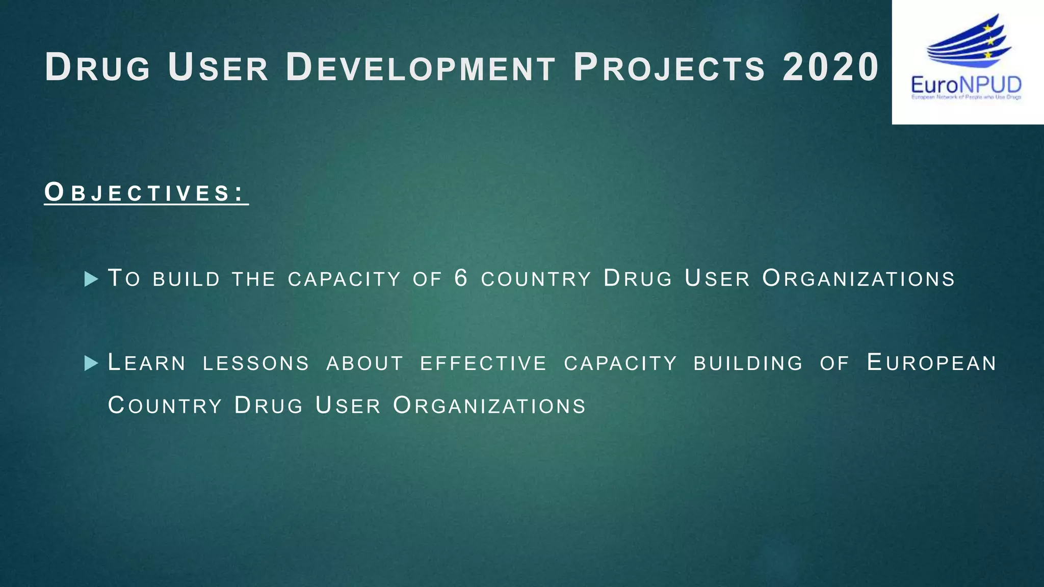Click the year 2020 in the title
[x=830, y=67]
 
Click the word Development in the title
[x=420, y=67]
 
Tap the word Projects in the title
[x=669, y=67]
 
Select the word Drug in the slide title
[x=97, y=67]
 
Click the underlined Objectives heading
[x=146, y=193]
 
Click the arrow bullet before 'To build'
[x=91, y=279]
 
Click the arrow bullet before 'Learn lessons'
[x=91, y=363]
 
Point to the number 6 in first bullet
[x=461, y=278]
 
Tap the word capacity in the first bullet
[x=344, y=279]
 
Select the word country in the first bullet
[x=536, y=279]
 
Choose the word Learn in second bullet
[x=147, y=363]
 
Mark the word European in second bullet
[x=931, y=363]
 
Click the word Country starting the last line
[x=165, y=406]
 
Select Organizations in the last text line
[x=489, y=406]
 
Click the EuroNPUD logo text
[x=966, y=85]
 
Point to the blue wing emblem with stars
[x=969, y=43]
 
